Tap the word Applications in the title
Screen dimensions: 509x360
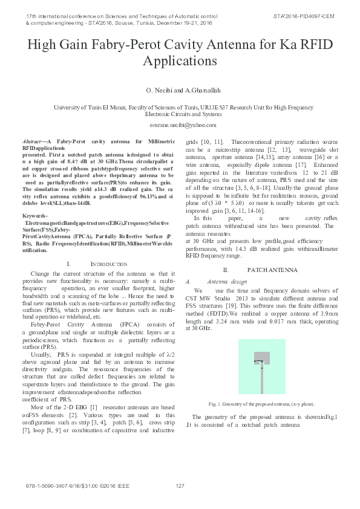[180, 60]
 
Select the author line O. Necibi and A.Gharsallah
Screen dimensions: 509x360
[180, 89]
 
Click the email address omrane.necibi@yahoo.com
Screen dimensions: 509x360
[180, 125]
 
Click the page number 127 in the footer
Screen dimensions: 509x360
[180, 487]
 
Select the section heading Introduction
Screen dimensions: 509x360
[108, 264]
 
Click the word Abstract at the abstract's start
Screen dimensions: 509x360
[31, 140]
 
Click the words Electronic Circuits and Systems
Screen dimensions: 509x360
[180, 113]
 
